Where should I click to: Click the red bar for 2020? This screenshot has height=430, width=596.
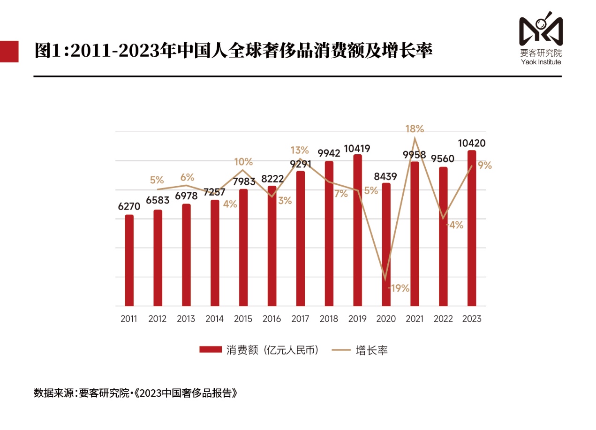(386, 244)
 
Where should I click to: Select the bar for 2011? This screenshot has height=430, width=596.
(129, 260)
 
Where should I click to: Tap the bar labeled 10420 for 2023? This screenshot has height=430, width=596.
(472, 228)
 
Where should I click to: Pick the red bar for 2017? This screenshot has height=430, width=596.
(301, 239)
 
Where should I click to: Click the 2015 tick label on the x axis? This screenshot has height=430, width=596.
(243, 319)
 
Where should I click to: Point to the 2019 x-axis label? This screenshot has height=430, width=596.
(357, 319)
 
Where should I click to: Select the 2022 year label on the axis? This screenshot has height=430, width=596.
(443, 319)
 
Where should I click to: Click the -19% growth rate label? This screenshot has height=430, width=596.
(399, 288)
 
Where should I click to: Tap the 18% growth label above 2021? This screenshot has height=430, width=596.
(415, 128)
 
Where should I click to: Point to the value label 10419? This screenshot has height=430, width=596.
(357, 149)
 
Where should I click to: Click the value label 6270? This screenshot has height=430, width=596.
(128, 206)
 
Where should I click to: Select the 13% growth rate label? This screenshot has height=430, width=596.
(300, 150)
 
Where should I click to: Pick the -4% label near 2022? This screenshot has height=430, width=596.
(454, 225)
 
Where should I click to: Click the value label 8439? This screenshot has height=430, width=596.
(385, 177)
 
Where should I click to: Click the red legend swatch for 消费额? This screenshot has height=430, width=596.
(211, 350)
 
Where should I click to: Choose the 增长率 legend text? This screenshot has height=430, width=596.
(372, 350)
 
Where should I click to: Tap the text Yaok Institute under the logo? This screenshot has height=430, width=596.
(541, 62)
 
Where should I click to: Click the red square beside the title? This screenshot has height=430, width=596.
(9, 51)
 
